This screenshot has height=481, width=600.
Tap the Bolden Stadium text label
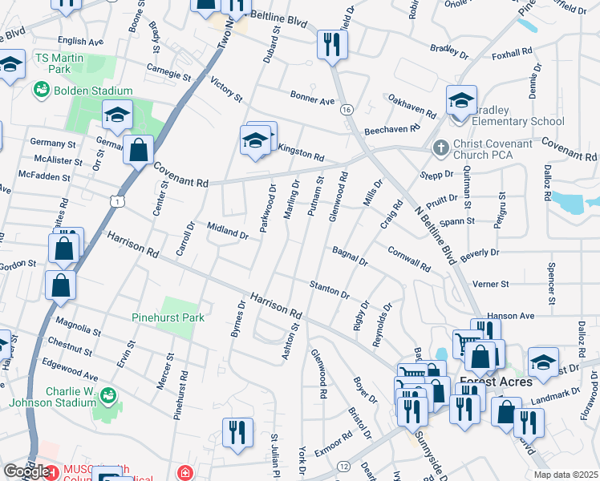[92, 91]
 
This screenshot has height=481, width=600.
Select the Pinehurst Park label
[168, 317]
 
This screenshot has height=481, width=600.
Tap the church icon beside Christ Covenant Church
[439, 148]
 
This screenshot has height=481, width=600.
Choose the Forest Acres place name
[495, 382]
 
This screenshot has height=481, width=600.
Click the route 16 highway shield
[346, 109]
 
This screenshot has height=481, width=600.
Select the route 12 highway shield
[343, 466]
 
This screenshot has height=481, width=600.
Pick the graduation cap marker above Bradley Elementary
[461, 101]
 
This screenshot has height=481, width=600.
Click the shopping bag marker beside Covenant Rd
[138, 149]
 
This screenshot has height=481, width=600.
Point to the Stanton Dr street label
[330, 289]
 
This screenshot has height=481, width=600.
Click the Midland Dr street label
[228, 232]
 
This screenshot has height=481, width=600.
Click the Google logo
[27, 471]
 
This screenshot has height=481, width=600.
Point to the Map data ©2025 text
[565, 475]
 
